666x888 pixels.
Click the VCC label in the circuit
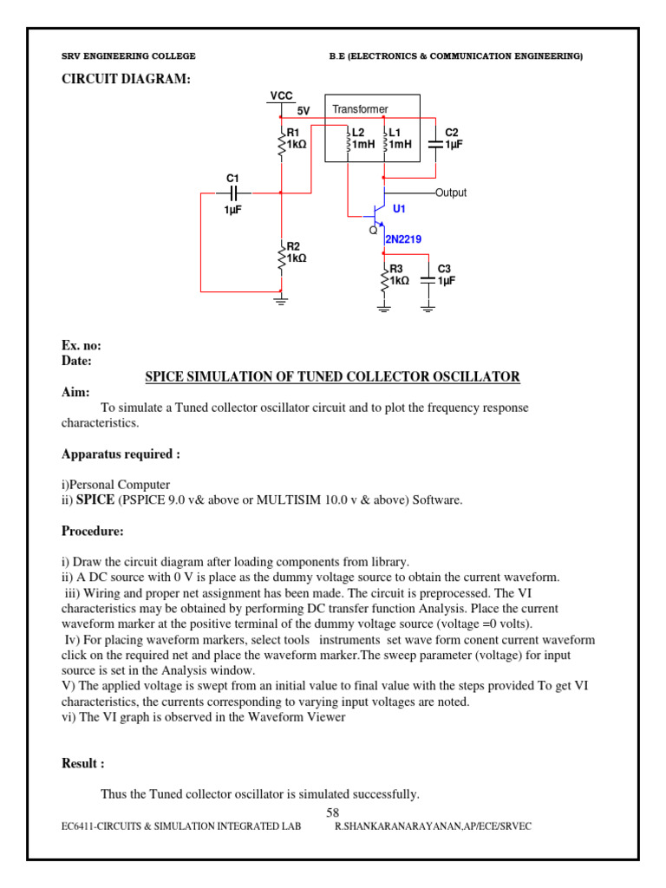[x=281, y=96]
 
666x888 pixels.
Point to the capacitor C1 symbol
[x=232, y=193]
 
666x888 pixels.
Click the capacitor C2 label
[x=452, y=133]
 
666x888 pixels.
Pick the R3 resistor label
[x=395, y=270]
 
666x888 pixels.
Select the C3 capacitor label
[x=445, y=270]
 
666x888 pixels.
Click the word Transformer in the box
[x=360, y=109]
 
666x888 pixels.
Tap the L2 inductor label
[x=359, y=133]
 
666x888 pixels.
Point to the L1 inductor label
[x=395, y=133]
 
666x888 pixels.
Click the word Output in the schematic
[x=451, y=193]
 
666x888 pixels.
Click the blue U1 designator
[x=399, y=210]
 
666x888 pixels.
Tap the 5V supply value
[x=304, y=111]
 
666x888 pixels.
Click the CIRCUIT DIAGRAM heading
[x=125, y=80]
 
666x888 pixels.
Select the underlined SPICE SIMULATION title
[x=332, y=376]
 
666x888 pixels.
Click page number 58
[x=333, y=813]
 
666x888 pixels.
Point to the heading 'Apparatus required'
[x=121, y=454]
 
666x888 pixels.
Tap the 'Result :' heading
[x=83, y=763]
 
